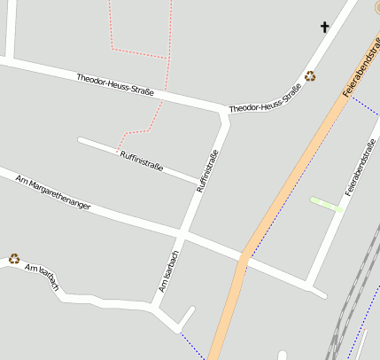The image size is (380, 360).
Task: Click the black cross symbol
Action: [324, 27]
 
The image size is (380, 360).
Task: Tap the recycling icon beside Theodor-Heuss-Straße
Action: [310, 76]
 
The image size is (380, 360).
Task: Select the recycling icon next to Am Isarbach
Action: [14, 259]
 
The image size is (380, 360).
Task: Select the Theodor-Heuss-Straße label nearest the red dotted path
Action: [115, 85]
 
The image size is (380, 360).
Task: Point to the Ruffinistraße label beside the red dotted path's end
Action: [141, 162]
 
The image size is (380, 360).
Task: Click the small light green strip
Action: [327, 205]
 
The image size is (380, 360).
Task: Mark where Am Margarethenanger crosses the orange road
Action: [243, 257]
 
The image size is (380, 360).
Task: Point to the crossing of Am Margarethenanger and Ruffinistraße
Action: [183, 234]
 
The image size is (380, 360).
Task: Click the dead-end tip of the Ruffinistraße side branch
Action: [81, 140]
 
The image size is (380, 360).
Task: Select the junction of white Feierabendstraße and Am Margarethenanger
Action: [309, 284]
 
